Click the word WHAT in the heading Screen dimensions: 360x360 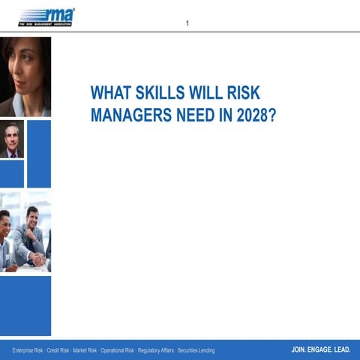(x=109, y=94)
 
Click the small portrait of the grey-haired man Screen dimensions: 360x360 (x=12, y=139)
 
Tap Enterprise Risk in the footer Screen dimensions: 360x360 (x=28, y=350)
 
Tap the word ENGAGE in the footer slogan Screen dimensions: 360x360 (x=320, y=349)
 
